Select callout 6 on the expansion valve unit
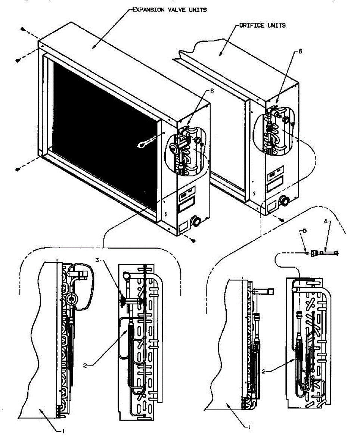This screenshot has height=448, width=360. [212, 91]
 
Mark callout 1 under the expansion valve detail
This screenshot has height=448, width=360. [63, 432]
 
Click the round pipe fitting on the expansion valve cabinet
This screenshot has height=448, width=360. [195, 223]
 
